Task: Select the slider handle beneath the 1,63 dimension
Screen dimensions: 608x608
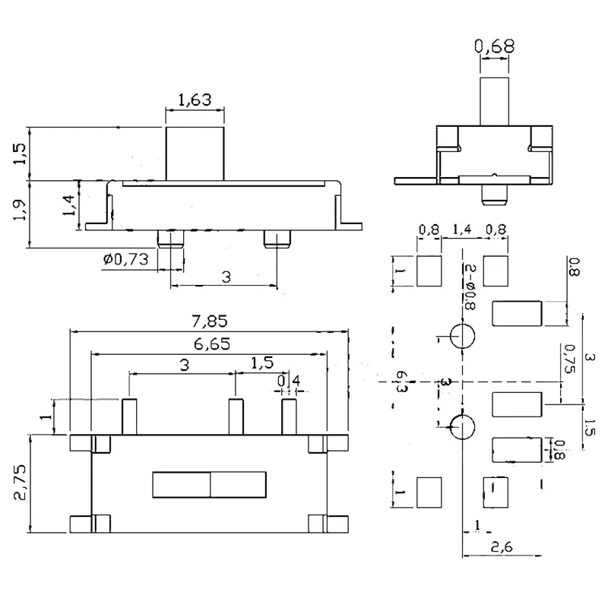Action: pyautogui.click(x=195, y=154)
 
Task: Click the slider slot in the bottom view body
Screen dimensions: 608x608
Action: pyautogui.click(x=210, y=484)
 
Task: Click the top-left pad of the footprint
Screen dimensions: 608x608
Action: pyautogui.click(x=429, y=271)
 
